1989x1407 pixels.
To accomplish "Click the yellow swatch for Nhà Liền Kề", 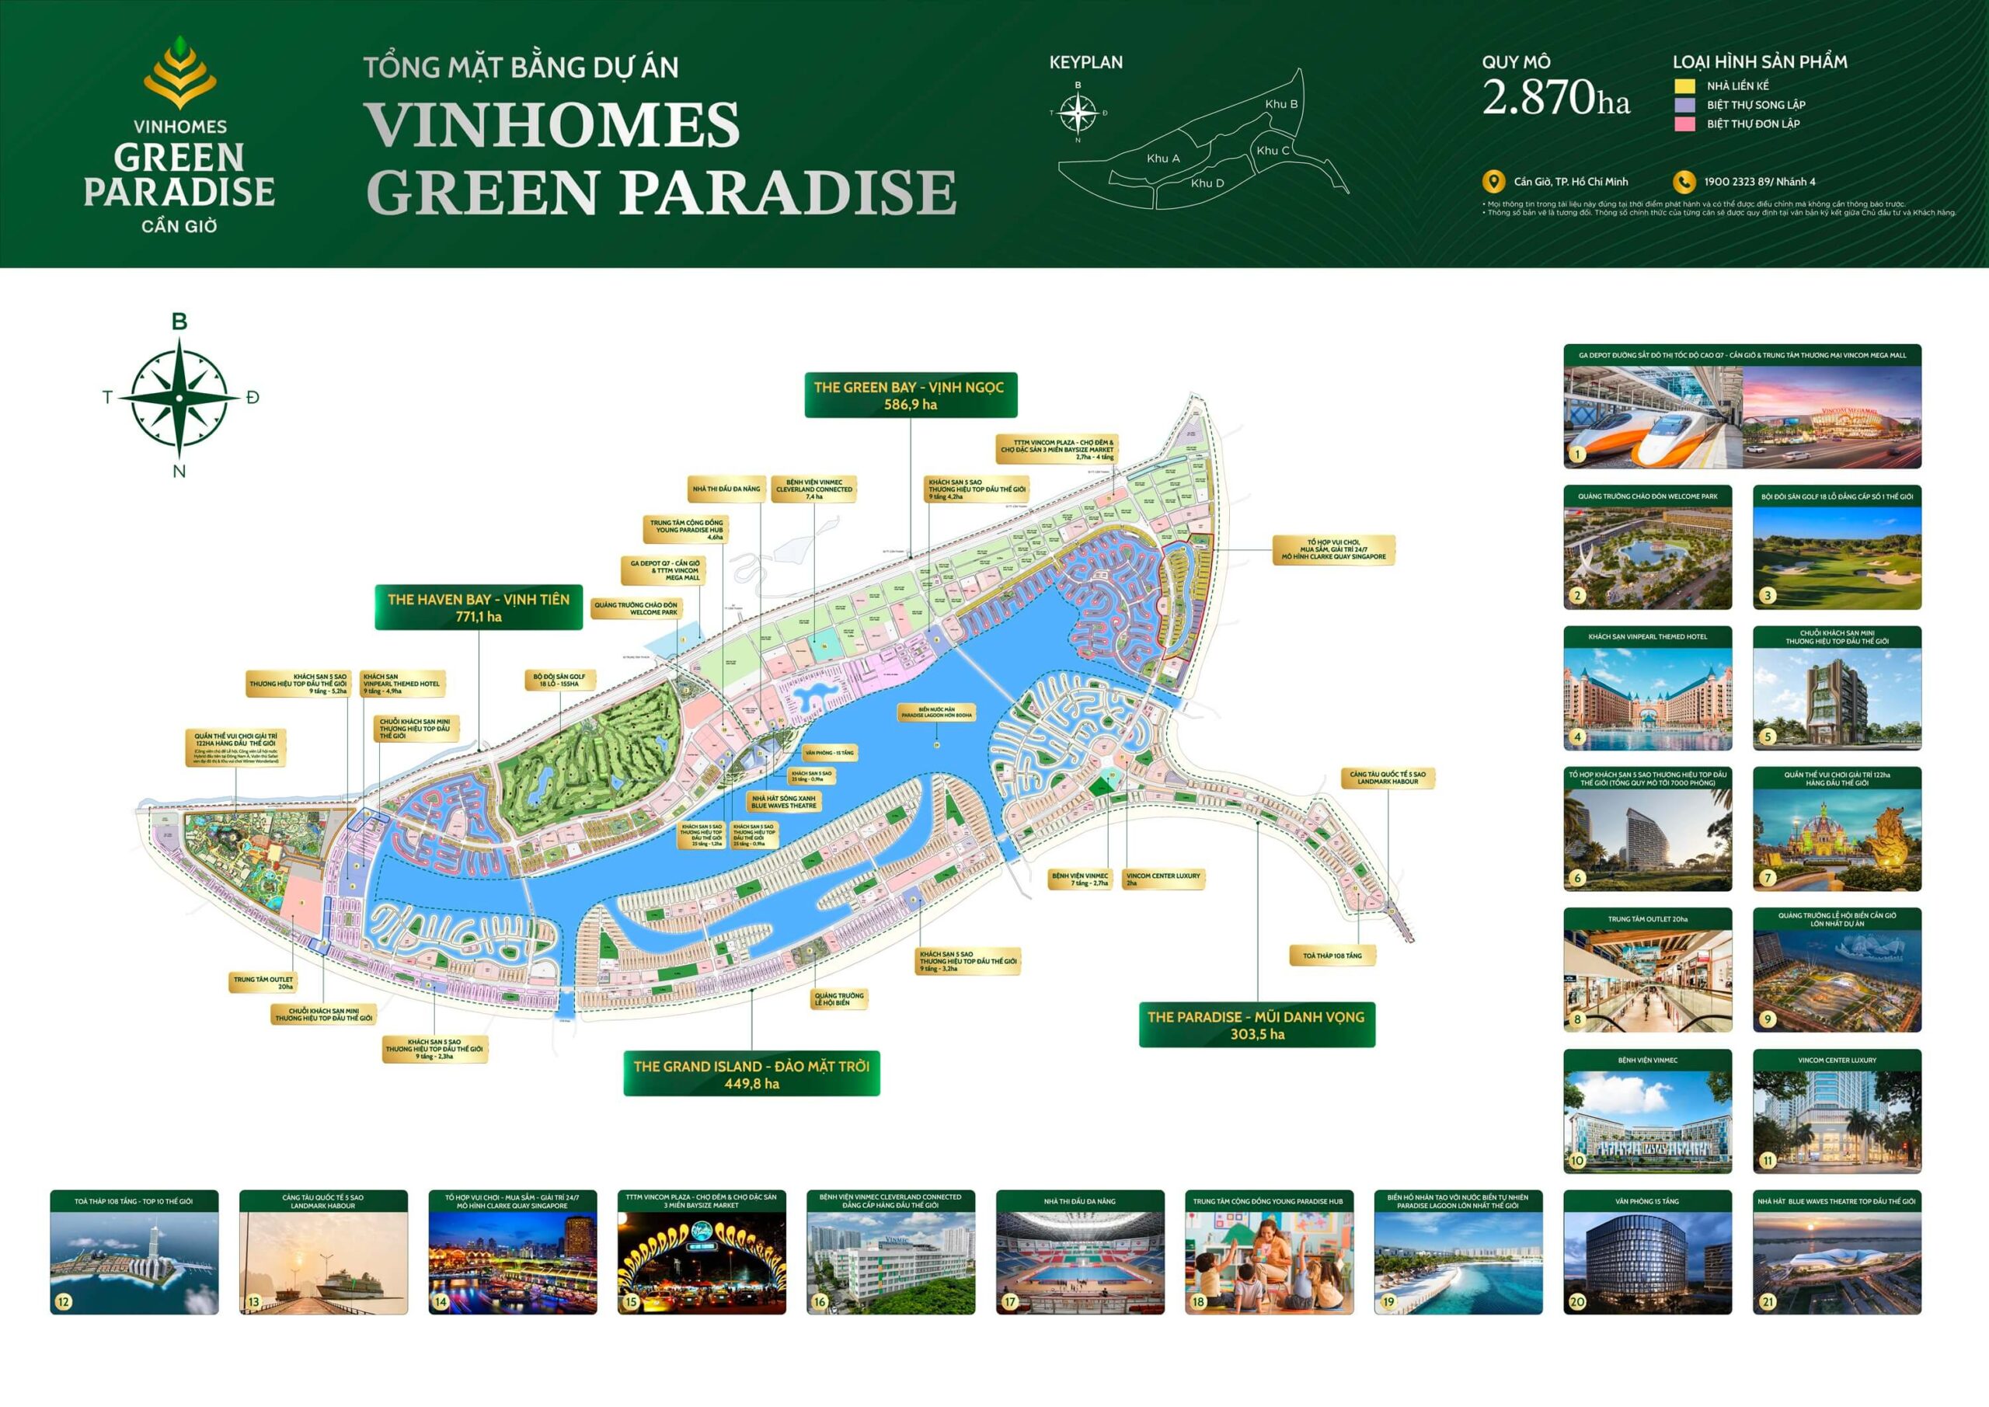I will click(x=1684, y=85).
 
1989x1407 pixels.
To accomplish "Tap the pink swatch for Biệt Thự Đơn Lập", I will click(x=1684, y=124).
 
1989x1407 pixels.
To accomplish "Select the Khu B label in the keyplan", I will click(x=1281, y=104).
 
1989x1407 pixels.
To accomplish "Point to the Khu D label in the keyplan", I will click(x=1207, y=183).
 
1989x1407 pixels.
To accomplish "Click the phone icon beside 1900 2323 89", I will click(x=1683, y=182).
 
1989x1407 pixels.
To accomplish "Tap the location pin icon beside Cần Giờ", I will click(x=1493, y=182).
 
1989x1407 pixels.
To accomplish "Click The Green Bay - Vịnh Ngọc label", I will click(x=910, y=396).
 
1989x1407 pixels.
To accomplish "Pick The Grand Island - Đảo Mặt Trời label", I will click(x=751, y=1074).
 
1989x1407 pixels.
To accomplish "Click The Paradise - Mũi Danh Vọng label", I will click(x=1256, y=1025).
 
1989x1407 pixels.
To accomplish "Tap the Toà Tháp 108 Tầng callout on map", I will click(x=1332, y=956).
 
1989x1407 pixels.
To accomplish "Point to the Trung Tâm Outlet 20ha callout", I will click(x=263, y=983).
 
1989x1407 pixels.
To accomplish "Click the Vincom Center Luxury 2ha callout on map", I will click(x=1163, y=879).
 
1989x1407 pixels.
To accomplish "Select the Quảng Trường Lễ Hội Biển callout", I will click(x=838, y=999).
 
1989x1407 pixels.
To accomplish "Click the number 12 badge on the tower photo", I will click(x=63, y=1301).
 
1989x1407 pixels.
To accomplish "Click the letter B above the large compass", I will click(x=179, y=322).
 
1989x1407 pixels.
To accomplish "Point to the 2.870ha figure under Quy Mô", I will click(x=1556, y=97).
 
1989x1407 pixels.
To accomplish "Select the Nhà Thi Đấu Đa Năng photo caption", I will click(x=1079, y=1201).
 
